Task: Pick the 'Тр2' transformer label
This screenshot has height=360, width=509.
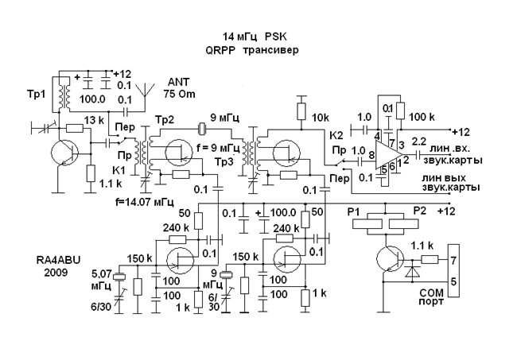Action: coord(165,119)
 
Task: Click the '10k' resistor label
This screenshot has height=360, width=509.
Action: coord(320,118)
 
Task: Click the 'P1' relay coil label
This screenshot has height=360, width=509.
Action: coord(356,213)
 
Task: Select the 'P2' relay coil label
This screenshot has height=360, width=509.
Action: coord(421,213)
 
